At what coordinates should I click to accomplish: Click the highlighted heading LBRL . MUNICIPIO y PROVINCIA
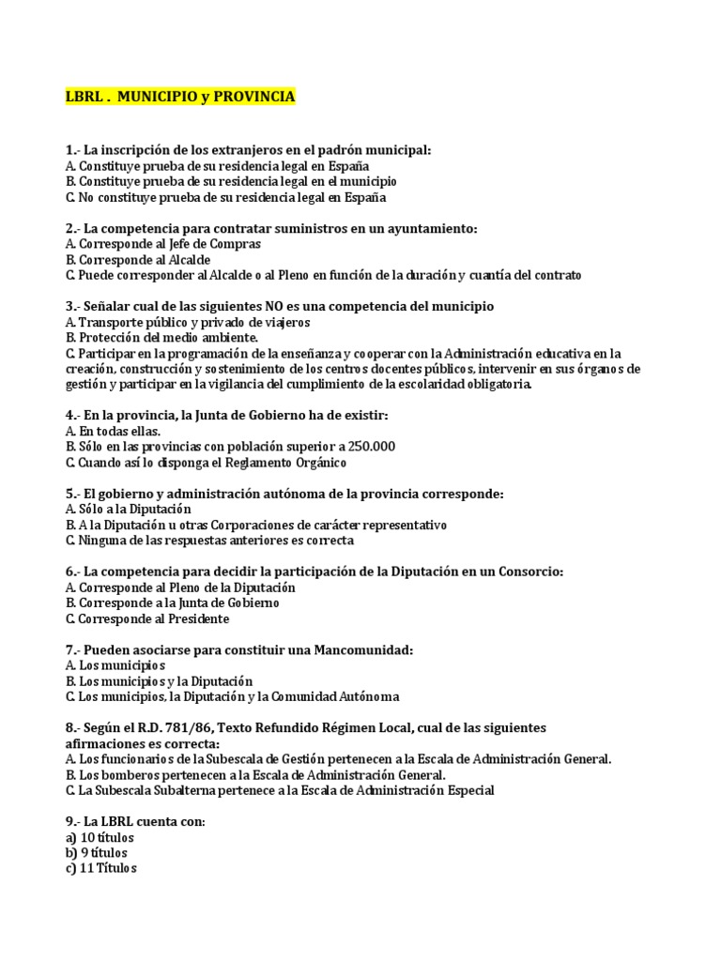[x=180, y=97]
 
